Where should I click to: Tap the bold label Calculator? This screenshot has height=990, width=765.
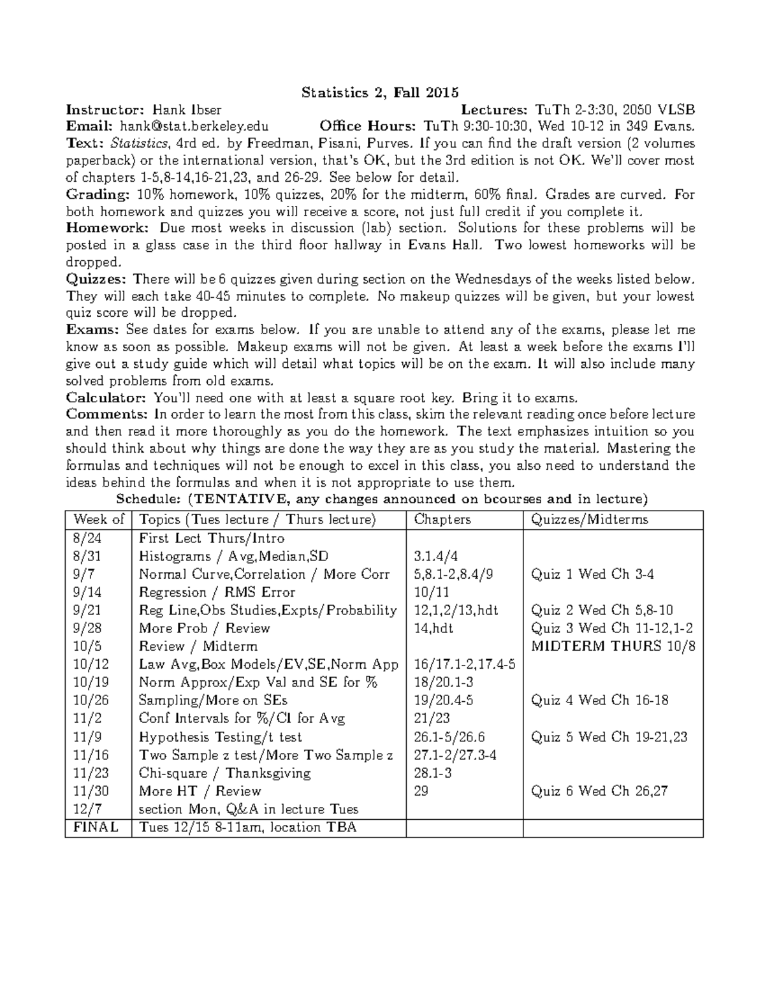(106, 398)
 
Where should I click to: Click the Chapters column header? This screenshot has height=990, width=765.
(442, 520)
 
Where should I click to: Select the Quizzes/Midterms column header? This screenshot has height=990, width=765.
(590, 520)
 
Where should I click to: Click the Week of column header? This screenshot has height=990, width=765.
(99, 520)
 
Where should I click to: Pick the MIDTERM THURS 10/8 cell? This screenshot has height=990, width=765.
(613, 646)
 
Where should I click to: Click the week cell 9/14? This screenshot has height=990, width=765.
(87, 592)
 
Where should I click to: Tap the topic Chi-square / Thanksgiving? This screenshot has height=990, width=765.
(224, 773)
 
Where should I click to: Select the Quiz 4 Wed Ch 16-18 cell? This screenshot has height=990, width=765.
(599, 700)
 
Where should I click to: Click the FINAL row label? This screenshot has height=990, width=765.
(96, 827)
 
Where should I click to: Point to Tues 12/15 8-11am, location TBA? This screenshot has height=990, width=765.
(247, 827)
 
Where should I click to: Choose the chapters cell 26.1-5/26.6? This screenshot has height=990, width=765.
(449, 737)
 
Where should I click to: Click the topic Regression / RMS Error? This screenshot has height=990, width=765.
(217, 592)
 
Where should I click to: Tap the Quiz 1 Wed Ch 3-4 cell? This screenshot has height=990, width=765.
(592, 574)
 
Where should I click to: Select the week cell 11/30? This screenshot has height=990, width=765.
(91, 791)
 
